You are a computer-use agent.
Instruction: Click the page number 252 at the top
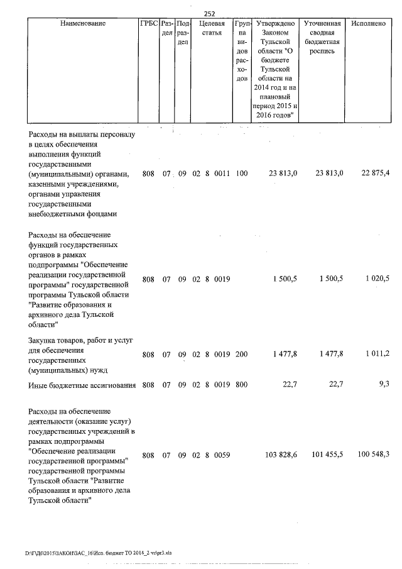210,13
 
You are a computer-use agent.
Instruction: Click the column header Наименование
83,23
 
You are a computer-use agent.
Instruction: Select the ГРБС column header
148,23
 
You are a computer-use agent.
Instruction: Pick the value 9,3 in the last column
384,384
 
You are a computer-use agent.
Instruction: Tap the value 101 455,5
325,455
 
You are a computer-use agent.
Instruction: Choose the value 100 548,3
373,455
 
